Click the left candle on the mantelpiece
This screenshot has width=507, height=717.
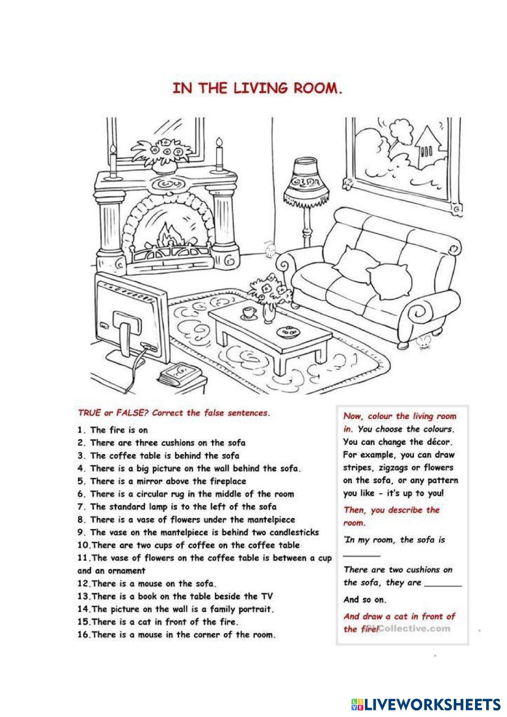(113, 158)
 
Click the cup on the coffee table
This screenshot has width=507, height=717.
(249, 312)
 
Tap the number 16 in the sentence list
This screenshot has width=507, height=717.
(84, 635)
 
